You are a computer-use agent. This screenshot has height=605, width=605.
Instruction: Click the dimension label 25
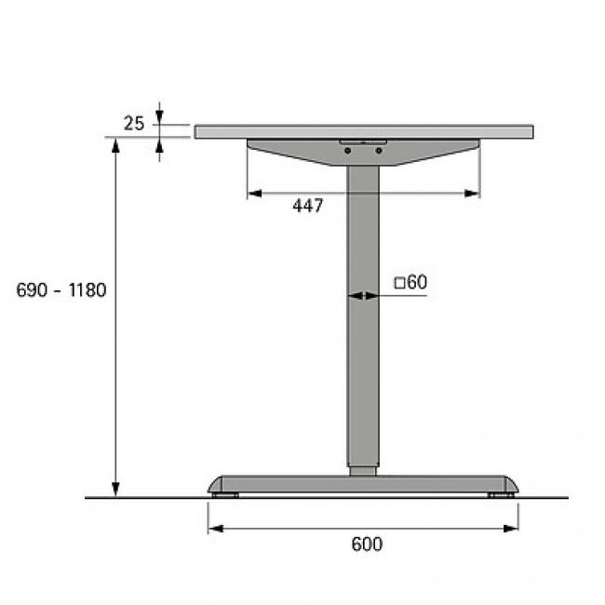tap(133, 124)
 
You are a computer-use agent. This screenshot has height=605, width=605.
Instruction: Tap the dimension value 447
tap(307, 206)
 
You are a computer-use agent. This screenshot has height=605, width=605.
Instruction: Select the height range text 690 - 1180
tap(60, 290)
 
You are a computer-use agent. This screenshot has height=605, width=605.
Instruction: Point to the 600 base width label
tap(367, 544)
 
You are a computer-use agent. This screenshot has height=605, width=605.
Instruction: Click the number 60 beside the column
tap(418, 282)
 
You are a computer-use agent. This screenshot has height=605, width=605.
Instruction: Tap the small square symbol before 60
tap(399, 284)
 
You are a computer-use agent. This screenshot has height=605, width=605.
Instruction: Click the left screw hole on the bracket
tap(348, 151)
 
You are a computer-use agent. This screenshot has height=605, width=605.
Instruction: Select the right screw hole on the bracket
tap(379, 151)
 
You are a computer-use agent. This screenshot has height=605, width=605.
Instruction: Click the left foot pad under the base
tap(225, 495)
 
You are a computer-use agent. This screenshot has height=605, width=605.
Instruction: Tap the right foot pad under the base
tap(501, 495)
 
